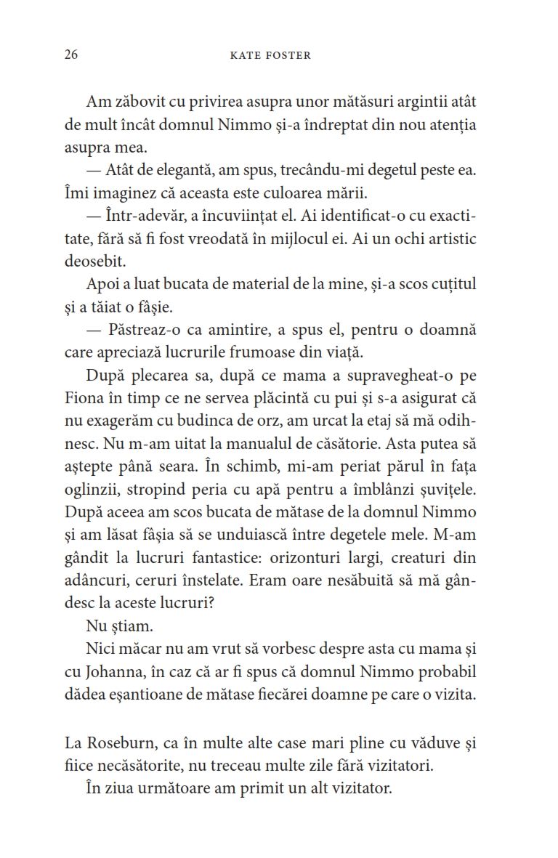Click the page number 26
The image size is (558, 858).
70,55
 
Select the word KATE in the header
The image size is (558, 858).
244,56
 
